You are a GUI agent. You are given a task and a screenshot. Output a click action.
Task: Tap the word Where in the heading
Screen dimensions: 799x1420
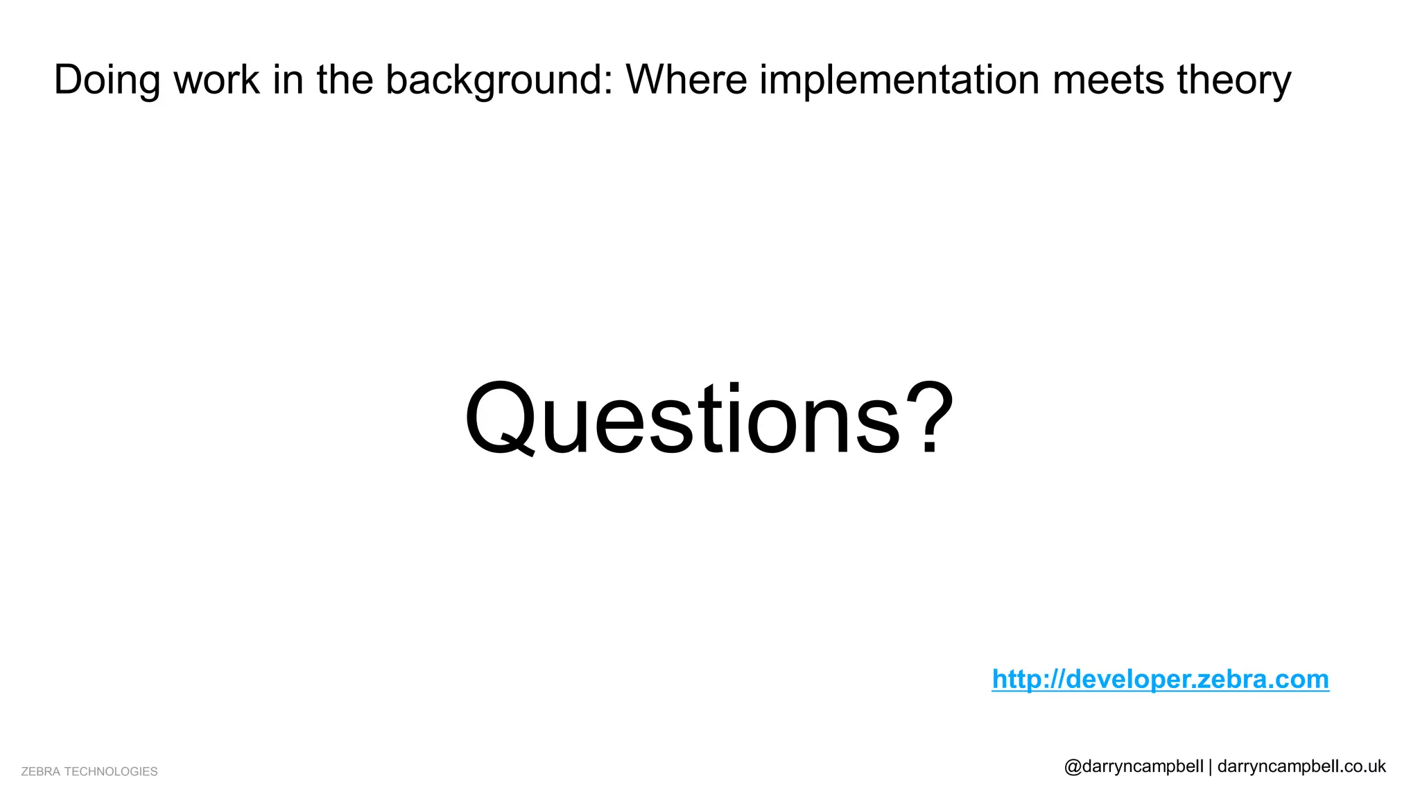pyautogui.click(x=686, y=79)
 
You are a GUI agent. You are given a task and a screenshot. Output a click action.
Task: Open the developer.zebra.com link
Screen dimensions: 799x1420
pyautogui.click(x=1160, y=678)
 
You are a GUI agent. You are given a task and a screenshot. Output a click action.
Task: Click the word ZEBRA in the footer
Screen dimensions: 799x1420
pyautogui.click(x=40, y=771)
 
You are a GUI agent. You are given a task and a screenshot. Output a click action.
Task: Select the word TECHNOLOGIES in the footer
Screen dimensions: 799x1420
pyautogui.click(x=111, y=771)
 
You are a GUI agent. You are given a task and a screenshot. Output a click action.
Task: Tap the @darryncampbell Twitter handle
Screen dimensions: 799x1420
pyautogui.click(x=1134, y=766)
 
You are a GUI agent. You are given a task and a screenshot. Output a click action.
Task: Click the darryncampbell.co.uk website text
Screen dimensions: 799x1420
pyautogui.click(x=1301, y=766)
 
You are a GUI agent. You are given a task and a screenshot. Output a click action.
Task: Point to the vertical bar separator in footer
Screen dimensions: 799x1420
pyautogui.click(x=1211, y=766)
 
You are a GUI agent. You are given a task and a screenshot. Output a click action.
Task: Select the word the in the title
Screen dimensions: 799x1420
pyautogui.click(x=345, y=79)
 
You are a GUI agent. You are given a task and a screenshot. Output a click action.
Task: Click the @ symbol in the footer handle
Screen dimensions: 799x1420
pyautogui.click(x=1073, y=767)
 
